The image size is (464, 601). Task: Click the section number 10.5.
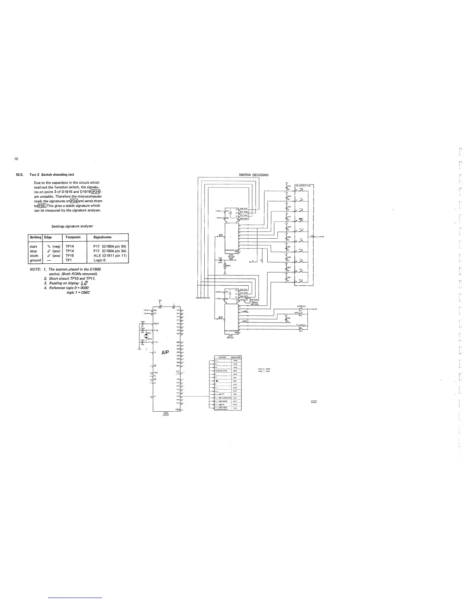point(20,175)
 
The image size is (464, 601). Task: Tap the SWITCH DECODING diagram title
point(253,175)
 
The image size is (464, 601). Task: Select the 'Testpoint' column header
point(73,237)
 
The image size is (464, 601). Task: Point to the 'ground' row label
point(35,260)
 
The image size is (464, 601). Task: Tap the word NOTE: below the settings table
point(35,269)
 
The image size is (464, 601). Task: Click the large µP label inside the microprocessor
point(165,352)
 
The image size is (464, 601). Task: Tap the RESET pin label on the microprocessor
point(155,324)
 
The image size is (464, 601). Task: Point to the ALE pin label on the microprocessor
point(177,371)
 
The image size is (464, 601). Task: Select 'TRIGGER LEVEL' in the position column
point(221,371)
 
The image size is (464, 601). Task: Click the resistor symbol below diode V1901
point(225,266)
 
